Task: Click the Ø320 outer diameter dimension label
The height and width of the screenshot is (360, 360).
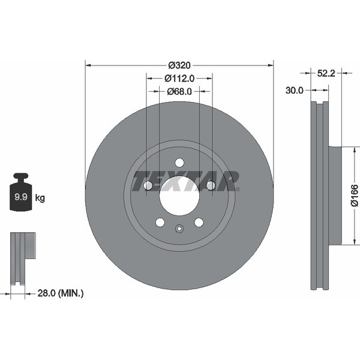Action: pyautogui.click(x=179, y=65)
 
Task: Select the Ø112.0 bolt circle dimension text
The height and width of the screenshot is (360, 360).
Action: pyautogui.click(x=179, y=78)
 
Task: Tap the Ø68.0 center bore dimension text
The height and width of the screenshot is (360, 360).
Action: pyautogui.click(x=179, y=91)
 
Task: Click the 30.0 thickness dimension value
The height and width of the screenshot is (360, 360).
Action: pyautogui.click(x=295, y=90)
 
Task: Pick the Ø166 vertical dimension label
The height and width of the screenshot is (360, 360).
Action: pyautogui.click(x=354, y=196)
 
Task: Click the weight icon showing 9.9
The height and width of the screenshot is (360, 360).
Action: pyautogui.click(x=21, y=193)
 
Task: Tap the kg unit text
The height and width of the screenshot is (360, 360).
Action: pyautogui.click(x=40, y=197)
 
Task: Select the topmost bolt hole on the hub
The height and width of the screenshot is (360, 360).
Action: pyautogui.click(x=179, y=163)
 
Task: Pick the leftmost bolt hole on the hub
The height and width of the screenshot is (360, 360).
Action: pyautogui.click(x=148, y=186)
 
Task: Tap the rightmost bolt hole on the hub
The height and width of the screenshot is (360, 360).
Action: pyautogui.click(x=211, y=186)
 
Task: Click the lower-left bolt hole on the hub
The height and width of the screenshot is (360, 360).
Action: pyautogui.click(x=160, y=223)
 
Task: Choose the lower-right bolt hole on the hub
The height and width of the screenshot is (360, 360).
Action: pyautogui.click(x=199, y=223)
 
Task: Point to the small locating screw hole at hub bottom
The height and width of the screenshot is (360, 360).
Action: pyautogui.click(x=179, y=228)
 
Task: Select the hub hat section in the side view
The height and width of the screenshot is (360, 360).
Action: pyautogui.click(x=334, y=196)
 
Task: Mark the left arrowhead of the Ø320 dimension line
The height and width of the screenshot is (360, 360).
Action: pyautogui.click(x=88, y=65)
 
